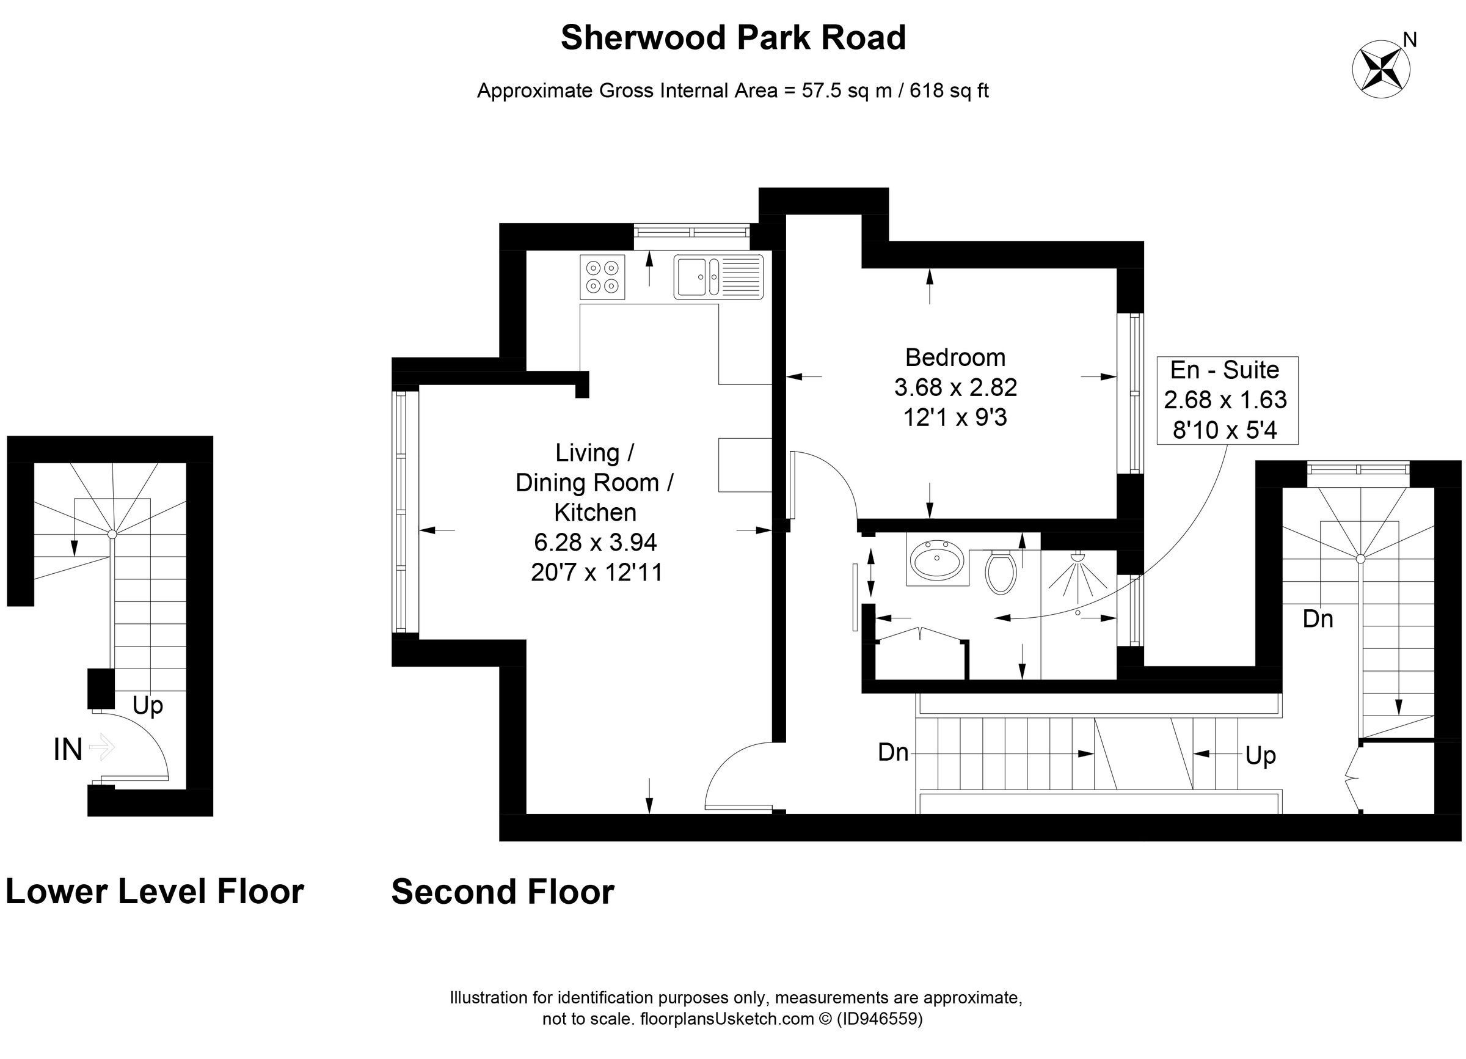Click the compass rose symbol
click(x=1381, y=69)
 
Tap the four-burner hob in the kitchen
click(x=602, y=277)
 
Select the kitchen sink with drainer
click(x=718, y=277)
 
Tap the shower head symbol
click(x=1077, y=557)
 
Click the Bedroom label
click(x=955, y=357)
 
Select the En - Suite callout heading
click(x=1224, y=370)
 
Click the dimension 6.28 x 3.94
click(x=595, y=543)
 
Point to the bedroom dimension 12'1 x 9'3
click(x=955, y=417)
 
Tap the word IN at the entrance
click(x=68, y=750)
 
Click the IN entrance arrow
click(x=101, y=748)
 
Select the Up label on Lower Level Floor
click(x=147, y=705)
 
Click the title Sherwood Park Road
click(x=733, y=37)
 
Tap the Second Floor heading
click(x=502, y=892)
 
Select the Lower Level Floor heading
click(x=155, y=892)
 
